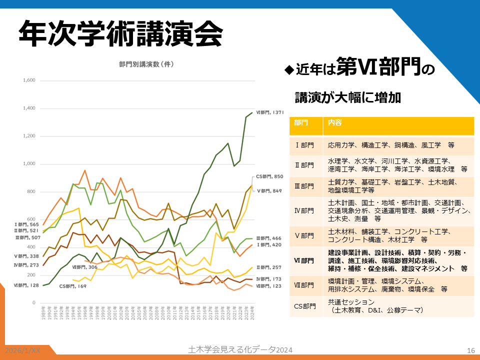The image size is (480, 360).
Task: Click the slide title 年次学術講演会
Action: point(120,34)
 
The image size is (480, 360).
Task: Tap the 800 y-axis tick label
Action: point(31,192)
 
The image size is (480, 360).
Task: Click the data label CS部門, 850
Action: point(269,176)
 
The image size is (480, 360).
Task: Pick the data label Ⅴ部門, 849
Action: point(269,190)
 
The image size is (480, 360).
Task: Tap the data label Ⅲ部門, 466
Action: point(269,238)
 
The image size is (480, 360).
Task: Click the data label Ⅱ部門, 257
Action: point(269,267)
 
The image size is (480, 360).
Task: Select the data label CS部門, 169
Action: point(73,286)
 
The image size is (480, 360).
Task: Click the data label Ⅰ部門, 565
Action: point(25,224)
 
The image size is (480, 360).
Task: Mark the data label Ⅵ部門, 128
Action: point(26,285)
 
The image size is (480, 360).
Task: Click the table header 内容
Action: point(335,122)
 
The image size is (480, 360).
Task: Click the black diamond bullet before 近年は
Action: point(288,69)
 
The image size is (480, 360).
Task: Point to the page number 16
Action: point(470,350)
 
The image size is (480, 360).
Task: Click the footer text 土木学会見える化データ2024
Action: point(239,349)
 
